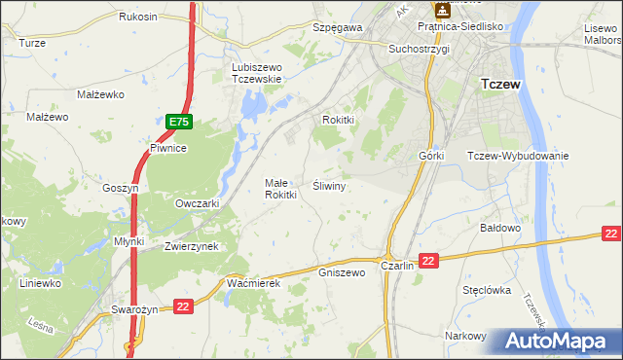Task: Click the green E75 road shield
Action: click(x=179, y=122)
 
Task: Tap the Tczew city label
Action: click(x=500, y=85)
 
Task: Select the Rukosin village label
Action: click(x=138, y=18)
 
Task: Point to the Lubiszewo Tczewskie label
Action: click(x=256, y=73)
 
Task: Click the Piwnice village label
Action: click(x=167, y=148)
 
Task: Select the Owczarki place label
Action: click(x=197, y=203)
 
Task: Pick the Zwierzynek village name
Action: click(x=191, y=246)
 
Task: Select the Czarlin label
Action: click(x=398, y=266)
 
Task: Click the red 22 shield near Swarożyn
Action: click(x=183, y=306)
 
